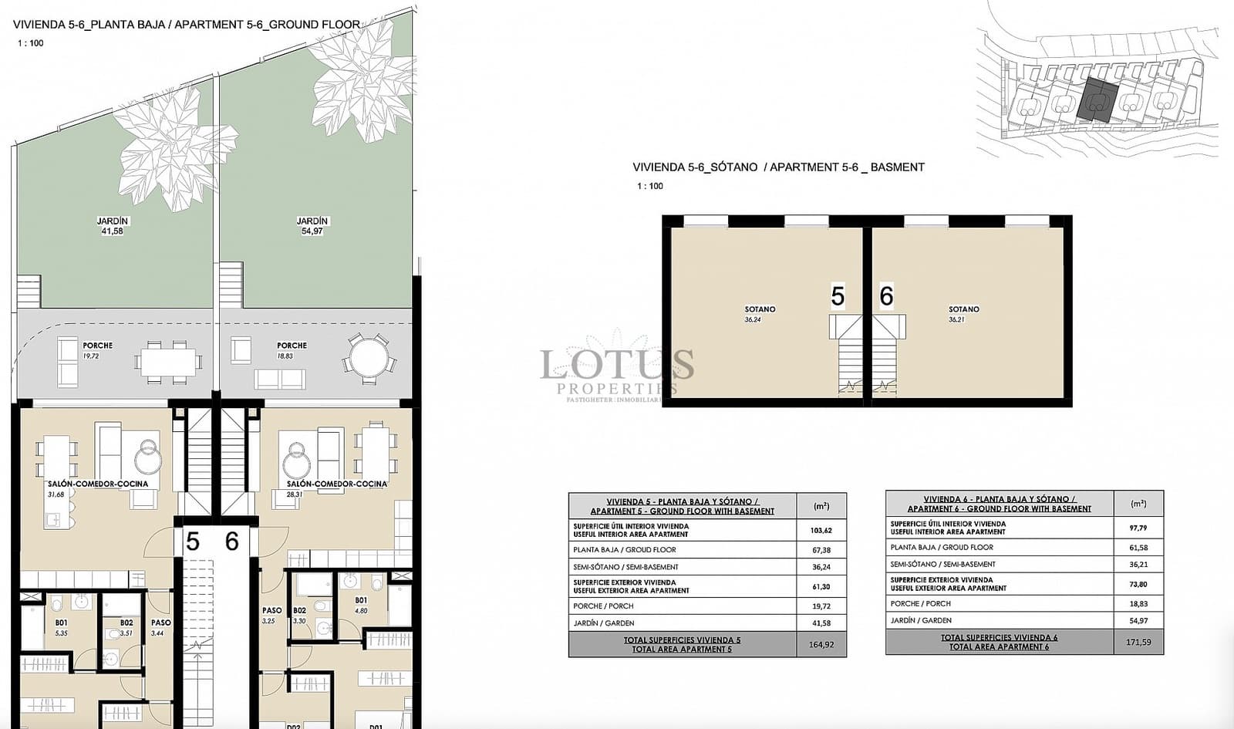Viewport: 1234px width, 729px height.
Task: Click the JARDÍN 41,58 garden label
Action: point(112,225)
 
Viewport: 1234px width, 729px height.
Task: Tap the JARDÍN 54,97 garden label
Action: point(312,225)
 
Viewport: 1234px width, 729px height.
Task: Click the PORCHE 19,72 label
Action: point(97,350)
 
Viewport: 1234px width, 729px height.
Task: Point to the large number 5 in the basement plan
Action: point(838,296)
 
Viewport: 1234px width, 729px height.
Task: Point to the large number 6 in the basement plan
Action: point(886,296)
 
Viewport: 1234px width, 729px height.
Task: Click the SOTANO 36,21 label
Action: point(963,313)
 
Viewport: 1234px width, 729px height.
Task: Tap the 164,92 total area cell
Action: point(821,645)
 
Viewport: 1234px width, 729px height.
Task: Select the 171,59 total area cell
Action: point(1138,642)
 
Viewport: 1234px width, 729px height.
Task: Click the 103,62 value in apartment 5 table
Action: point(821,531)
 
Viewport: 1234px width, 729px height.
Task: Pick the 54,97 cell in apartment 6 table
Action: point(1138,620)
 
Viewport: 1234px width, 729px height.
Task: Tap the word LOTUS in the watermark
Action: point(616,364)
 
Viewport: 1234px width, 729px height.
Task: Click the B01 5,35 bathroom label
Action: point(61,627)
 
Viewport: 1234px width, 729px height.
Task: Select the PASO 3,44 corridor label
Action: point(160,627)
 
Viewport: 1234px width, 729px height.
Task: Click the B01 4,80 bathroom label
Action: point(361,605)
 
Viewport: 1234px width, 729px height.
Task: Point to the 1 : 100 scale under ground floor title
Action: point(30,43)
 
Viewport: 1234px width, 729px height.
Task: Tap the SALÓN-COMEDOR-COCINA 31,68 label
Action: point(98,488)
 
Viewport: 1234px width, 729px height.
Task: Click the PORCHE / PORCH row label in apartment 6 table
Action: point(920,604)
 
